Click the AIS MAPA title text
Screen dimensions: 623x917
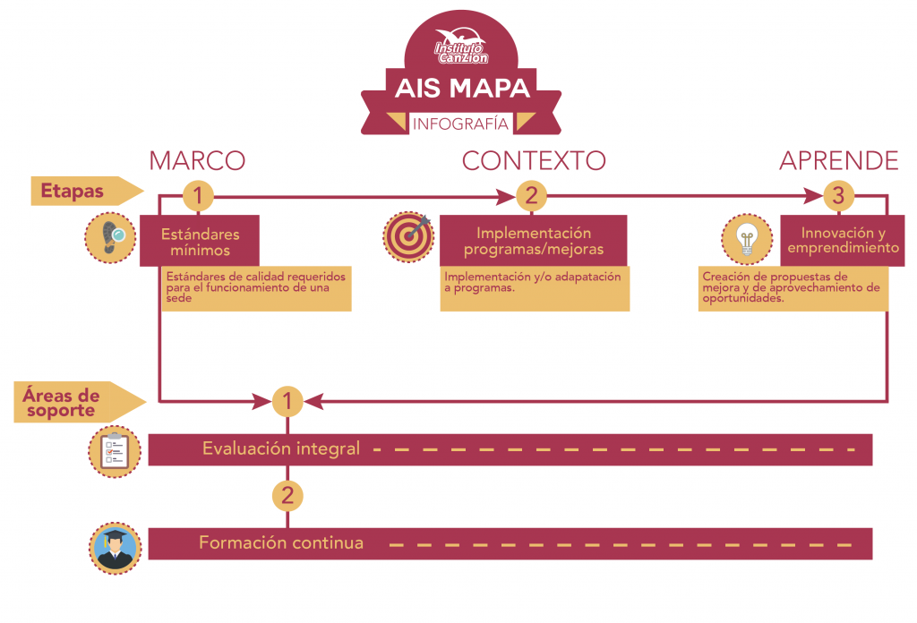click(461, 89)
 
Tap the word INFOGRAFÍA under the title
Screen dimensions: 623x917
click(460, 124)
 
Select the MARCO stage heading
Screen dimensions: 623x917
click(197, 160)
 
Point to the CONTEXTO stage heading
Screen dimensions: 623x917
click(534, 160)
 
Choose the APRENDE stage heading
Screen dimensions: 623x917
click(838, 160)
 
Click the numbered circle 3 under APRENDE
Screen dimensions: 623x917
click(838, 195)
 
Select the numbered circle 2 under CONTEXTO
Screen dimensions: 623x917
click(531, 195)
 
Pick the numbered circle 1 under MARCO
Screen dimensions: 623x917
click(198, 195)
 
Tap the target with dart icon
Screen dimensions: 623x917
click(408, 236)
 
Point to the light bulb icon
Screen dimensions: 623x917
click(746, 238)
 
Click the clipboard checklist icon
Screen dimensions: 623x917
click(114, 448)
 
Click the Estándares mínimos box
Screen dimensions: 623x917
click(200, 242)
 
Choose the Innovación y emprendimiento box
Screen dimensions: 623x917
click(838, 240)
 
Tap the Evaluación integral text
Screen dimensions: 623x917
click(281, 449)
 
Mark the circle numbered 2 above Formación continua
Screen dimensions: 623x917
click(287, 495)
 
